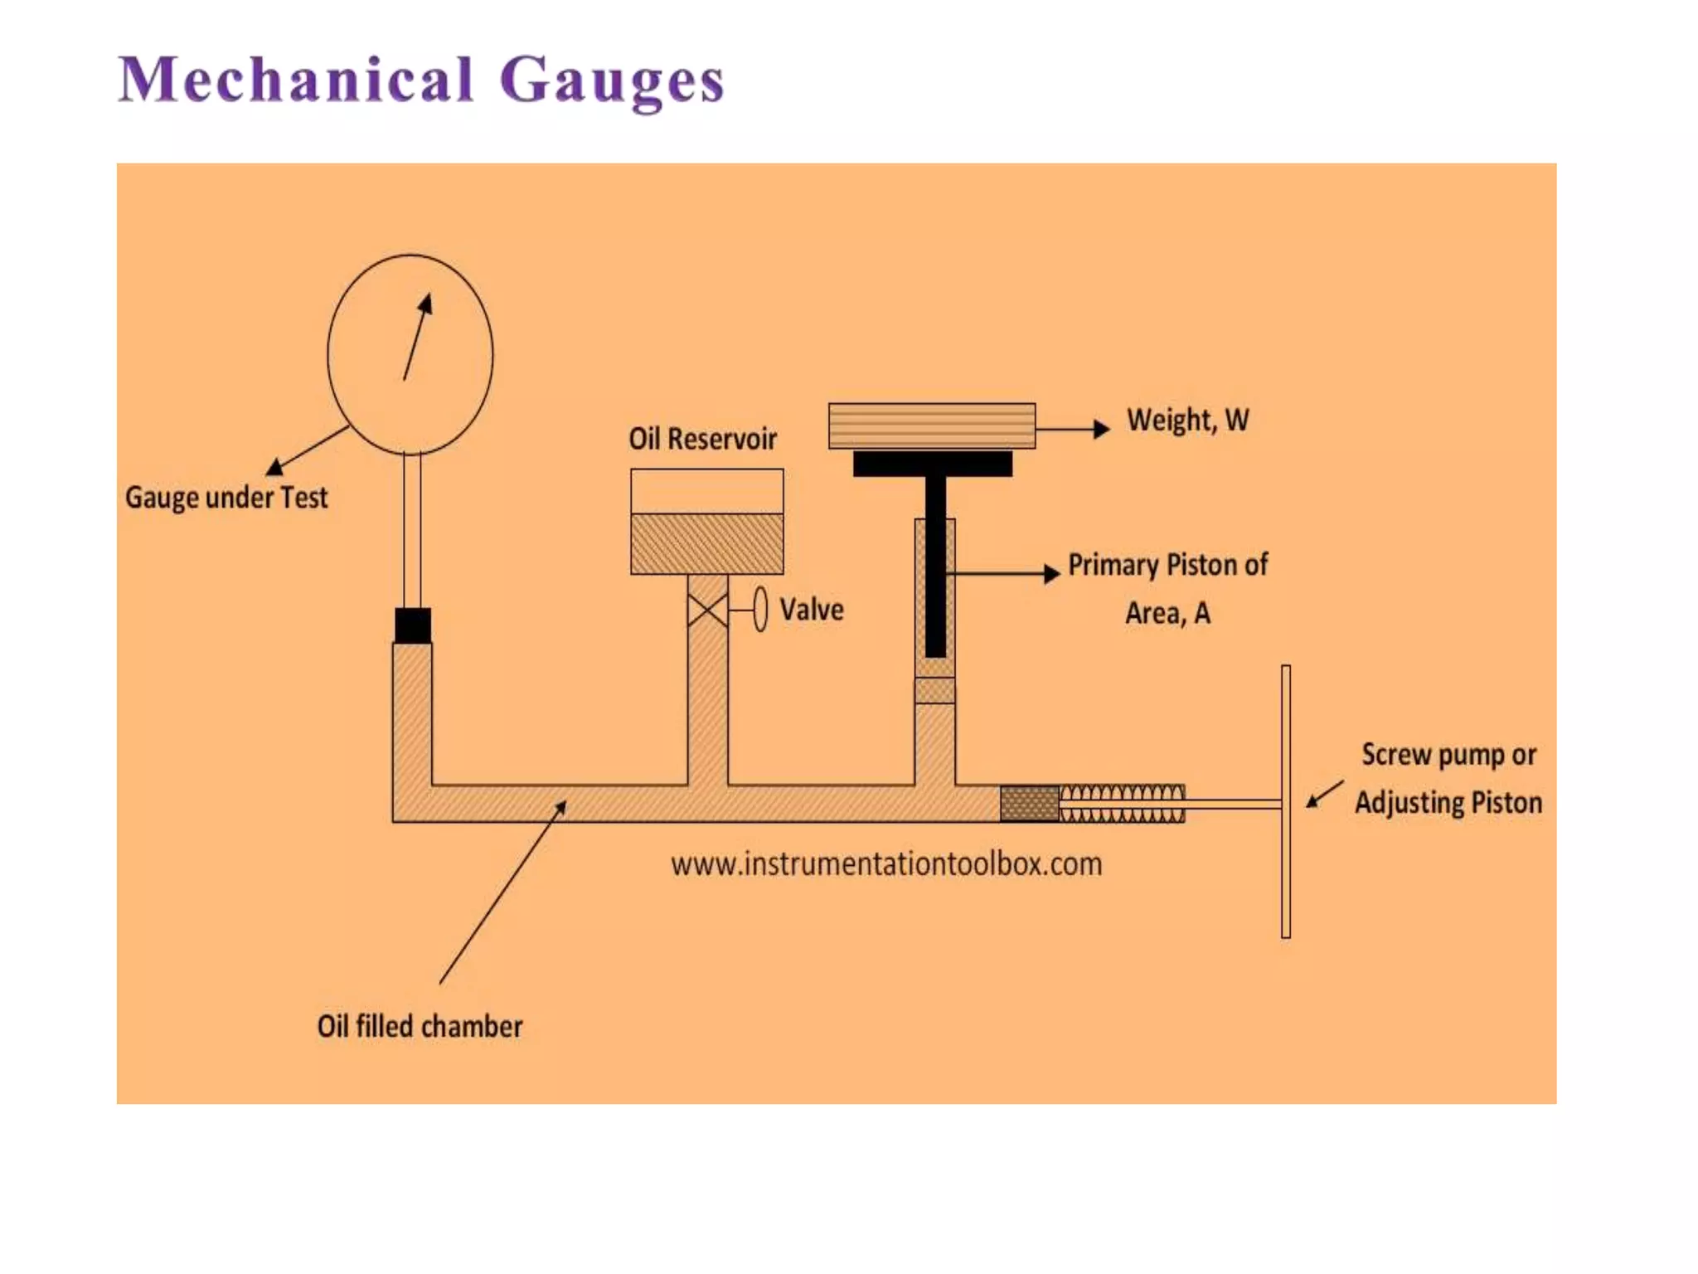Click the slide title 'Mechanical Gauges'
point(421,80)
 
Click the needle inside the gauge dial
point(416,338)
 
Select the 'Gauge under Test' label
point(226,498)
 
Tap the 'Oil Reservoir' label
point(702,439)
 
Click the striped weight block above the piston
point(932,425)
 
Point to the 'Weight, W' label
point(1187,421)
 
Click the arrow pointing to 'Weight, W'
point(1073,429)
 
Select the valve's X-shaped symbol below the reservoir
point(707,610)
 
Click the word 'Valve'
point(812,610)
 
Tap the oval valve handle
point(760,610)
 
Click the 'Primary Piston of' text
point(1167,565)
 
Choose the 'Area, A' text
point(1167,613)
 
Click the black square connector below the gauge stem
point(413,625)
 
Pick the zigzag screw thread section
point(1123,803)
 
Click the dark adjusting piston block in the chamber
point(1030,803)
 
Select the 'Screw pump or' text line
point(1448,755)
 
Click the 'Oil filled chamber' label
point(420,1027)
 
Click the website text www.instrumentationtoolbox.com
point(886,864)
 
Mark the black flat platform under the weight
point(933,464)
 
